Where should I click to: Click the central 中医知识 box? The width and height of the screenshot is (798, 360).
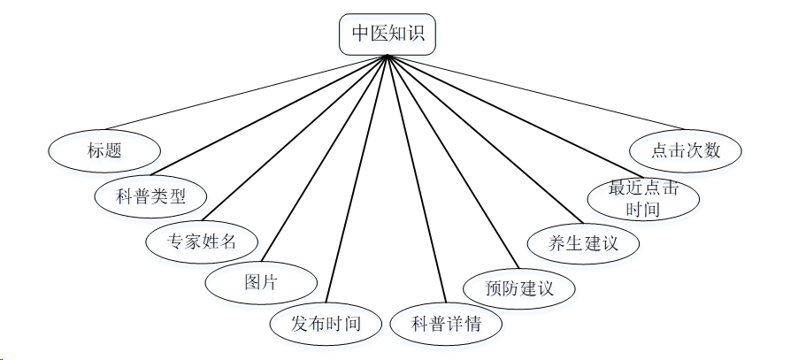click(387, 34)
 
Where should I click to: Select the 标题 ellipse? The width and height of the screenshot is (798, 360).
click(104, 149)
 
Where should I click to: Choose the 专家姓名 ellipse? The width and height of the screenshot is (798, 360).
click(202, 240)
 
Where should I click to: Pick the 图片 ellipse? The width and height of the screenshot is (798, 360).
click(260, 283)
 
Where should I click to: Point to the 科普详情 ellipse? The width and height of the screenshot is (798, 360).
click(446, 324)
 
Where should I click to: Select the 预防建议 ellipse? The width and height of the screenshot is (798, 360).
click(519, 288)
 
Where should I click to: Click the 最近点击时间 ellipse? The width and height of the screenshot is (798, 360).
click(643, 199)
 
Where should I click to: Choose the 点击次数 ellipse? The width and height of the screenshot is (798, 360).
click(686, 150)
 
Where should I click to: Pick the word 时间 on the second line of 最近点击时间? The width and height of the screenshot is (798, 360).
click(643, 210)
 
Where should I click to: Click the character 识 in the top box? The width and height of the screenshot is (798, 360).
click(414, 34)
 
